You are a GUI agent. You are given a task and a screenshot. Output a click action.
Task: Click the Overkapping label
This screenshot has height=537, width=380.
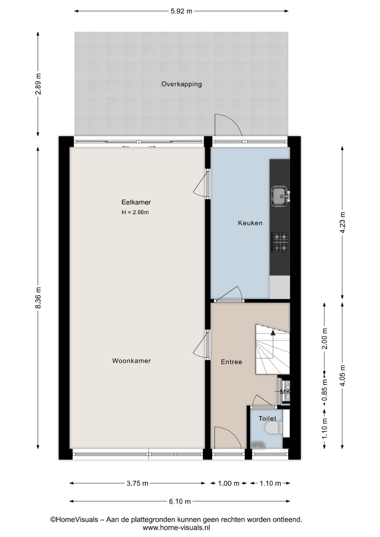(x=182, y=84)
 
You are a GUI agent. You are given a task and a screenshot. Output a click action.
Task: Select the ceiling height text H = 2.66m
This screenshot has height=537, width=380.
(x=135, y=212)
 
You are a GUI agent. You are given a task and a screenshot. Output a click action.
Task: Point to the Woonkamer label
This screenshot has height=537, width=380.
(x=131, y=361)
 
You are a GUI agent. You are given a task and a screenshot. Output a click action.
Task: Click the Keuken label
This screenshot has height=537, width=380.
(x=250, y=223)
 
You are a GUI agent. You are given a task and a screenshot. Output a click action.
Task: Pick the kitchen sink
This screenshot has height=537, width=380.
(x=280, y=196)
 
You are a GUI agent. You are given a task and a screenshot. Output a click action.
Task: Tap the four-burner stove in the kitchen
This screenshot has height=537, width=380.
(x=280, y=242)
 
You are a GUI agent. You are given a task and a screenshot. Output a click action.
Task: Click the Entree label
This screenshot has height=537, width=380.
(x=231, y=362)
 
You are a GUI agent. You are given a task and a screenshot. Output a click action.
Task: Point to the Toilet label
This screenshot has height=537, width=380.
(x=267, y=418)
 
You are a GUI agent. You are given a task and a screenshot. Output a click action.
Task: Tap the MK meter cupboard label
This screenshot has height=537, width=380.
(x=285, y=392)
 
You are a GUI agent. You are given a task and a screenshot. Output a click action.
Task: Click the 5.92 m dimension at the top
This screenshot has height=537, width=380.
(x=181, y=11)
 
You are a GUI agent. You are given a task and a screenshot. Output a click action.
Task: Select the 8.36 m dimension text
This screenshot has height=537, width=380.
(x=38, y=298)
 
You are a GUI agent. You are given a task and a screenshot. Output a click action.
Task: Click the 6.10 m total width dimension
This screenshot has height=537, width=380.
(x=180, y=501)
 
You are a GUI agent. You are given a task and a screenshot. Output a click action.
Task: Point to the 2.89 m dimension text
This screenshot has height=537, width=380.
(x=38, y=84)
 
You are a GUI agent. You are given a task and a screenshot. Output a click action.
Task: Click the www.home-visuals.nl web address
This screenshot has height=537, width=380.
(x=176, y=528)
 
